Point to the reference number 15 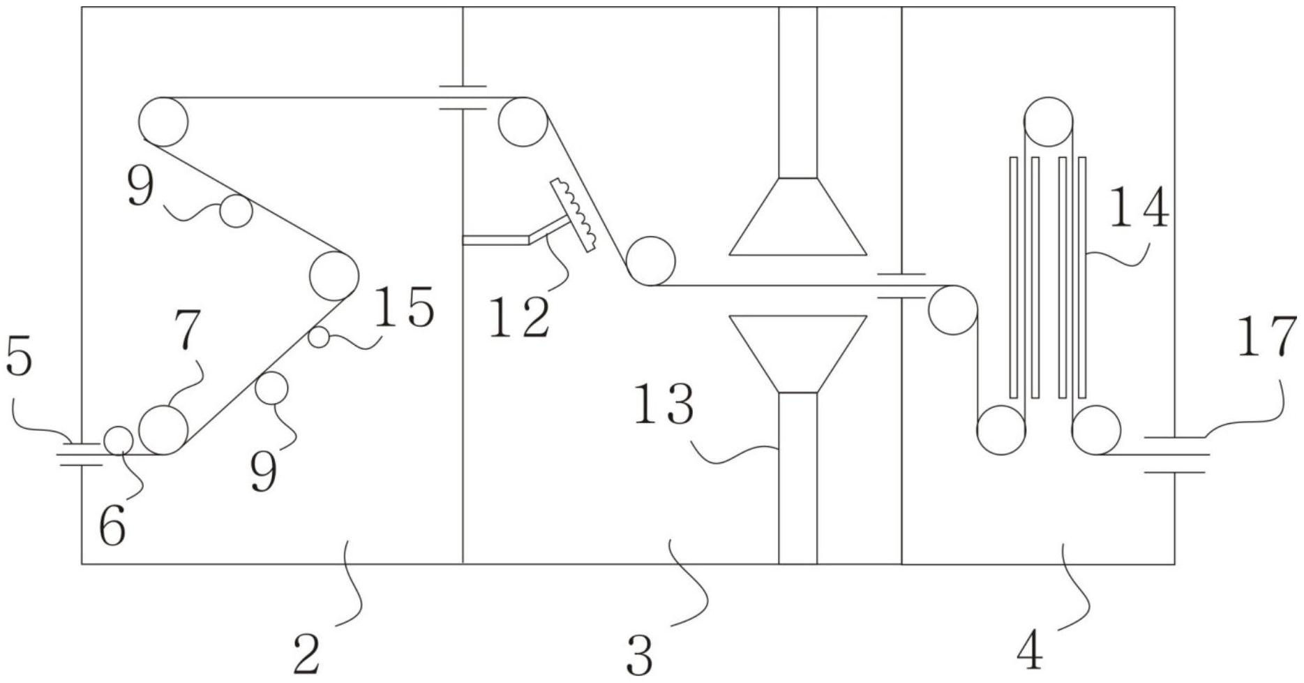click(x=405, y=307)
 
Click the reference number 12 click(x=519, y=318)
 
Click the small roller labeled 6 click(x=119, y=440)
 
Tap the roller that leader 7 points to click(x=163, y=429)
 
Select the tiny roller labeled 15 click(x=319, y=337)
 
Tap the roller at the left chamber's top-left click(x=163, y=122)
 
